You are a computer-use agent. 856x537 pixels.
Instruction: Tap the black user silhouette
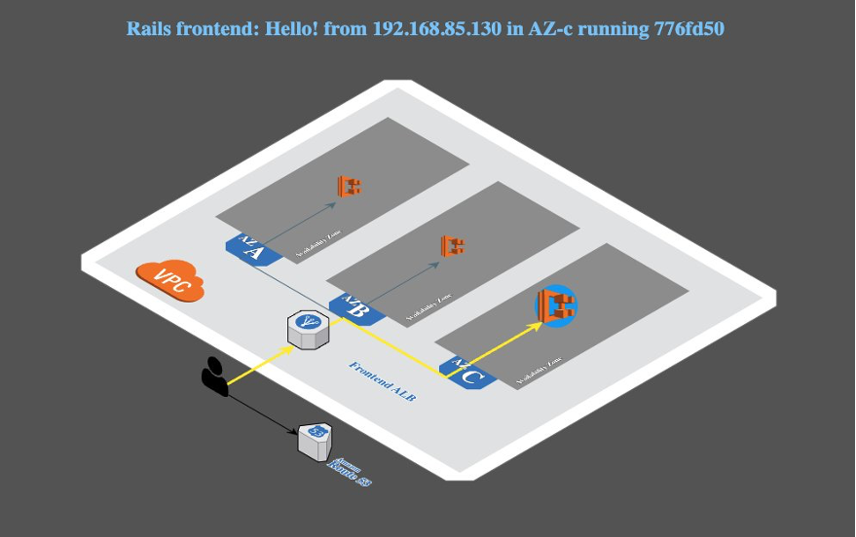214,376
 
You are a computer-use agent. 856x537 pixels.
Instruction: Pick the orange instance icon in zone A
349,185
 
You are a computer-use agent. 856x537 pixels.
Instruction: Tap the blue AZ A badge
248,248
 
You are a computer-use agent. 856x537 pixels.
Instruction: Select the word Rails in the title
152,28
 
